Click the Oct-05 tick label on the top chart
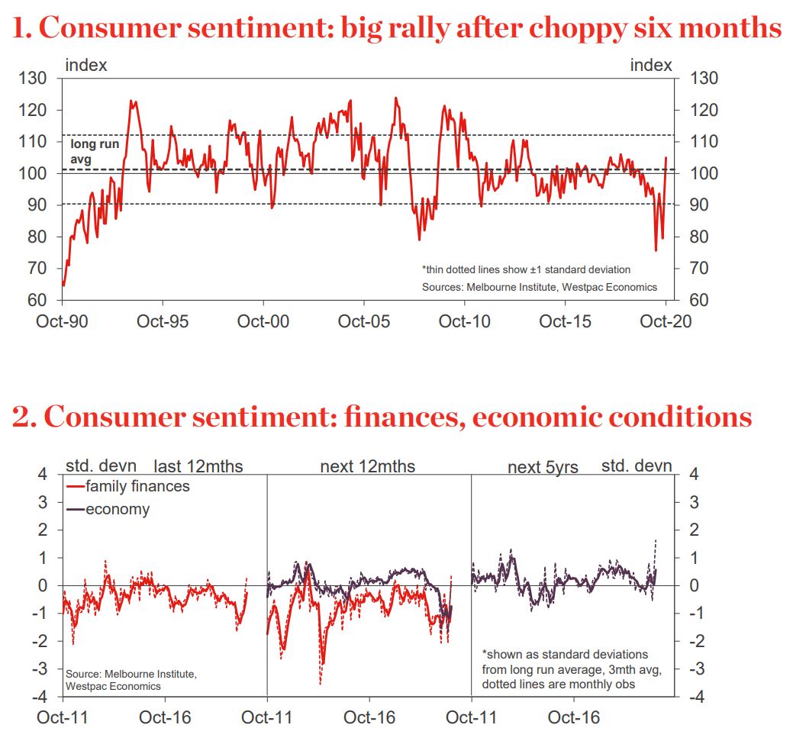(x=363, y=322)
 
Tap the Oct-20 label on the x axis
(x=666, y=322)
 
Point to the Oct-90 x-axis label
(x=62, y=322)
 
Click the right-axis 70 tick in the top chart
(x=703, y=269)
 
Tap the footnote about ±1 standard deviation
(x=526, y=269)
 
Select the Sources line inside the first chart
(x=539, y=287)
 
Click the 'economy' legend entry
(x=118, y=509)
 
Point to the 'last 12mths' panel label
(x=198, y=466)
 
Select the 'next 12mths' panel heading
(x=368, y=466)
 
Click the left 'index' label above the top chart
(x=86, y=66)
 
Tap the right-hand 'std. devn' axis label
(x=637, y=465)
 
